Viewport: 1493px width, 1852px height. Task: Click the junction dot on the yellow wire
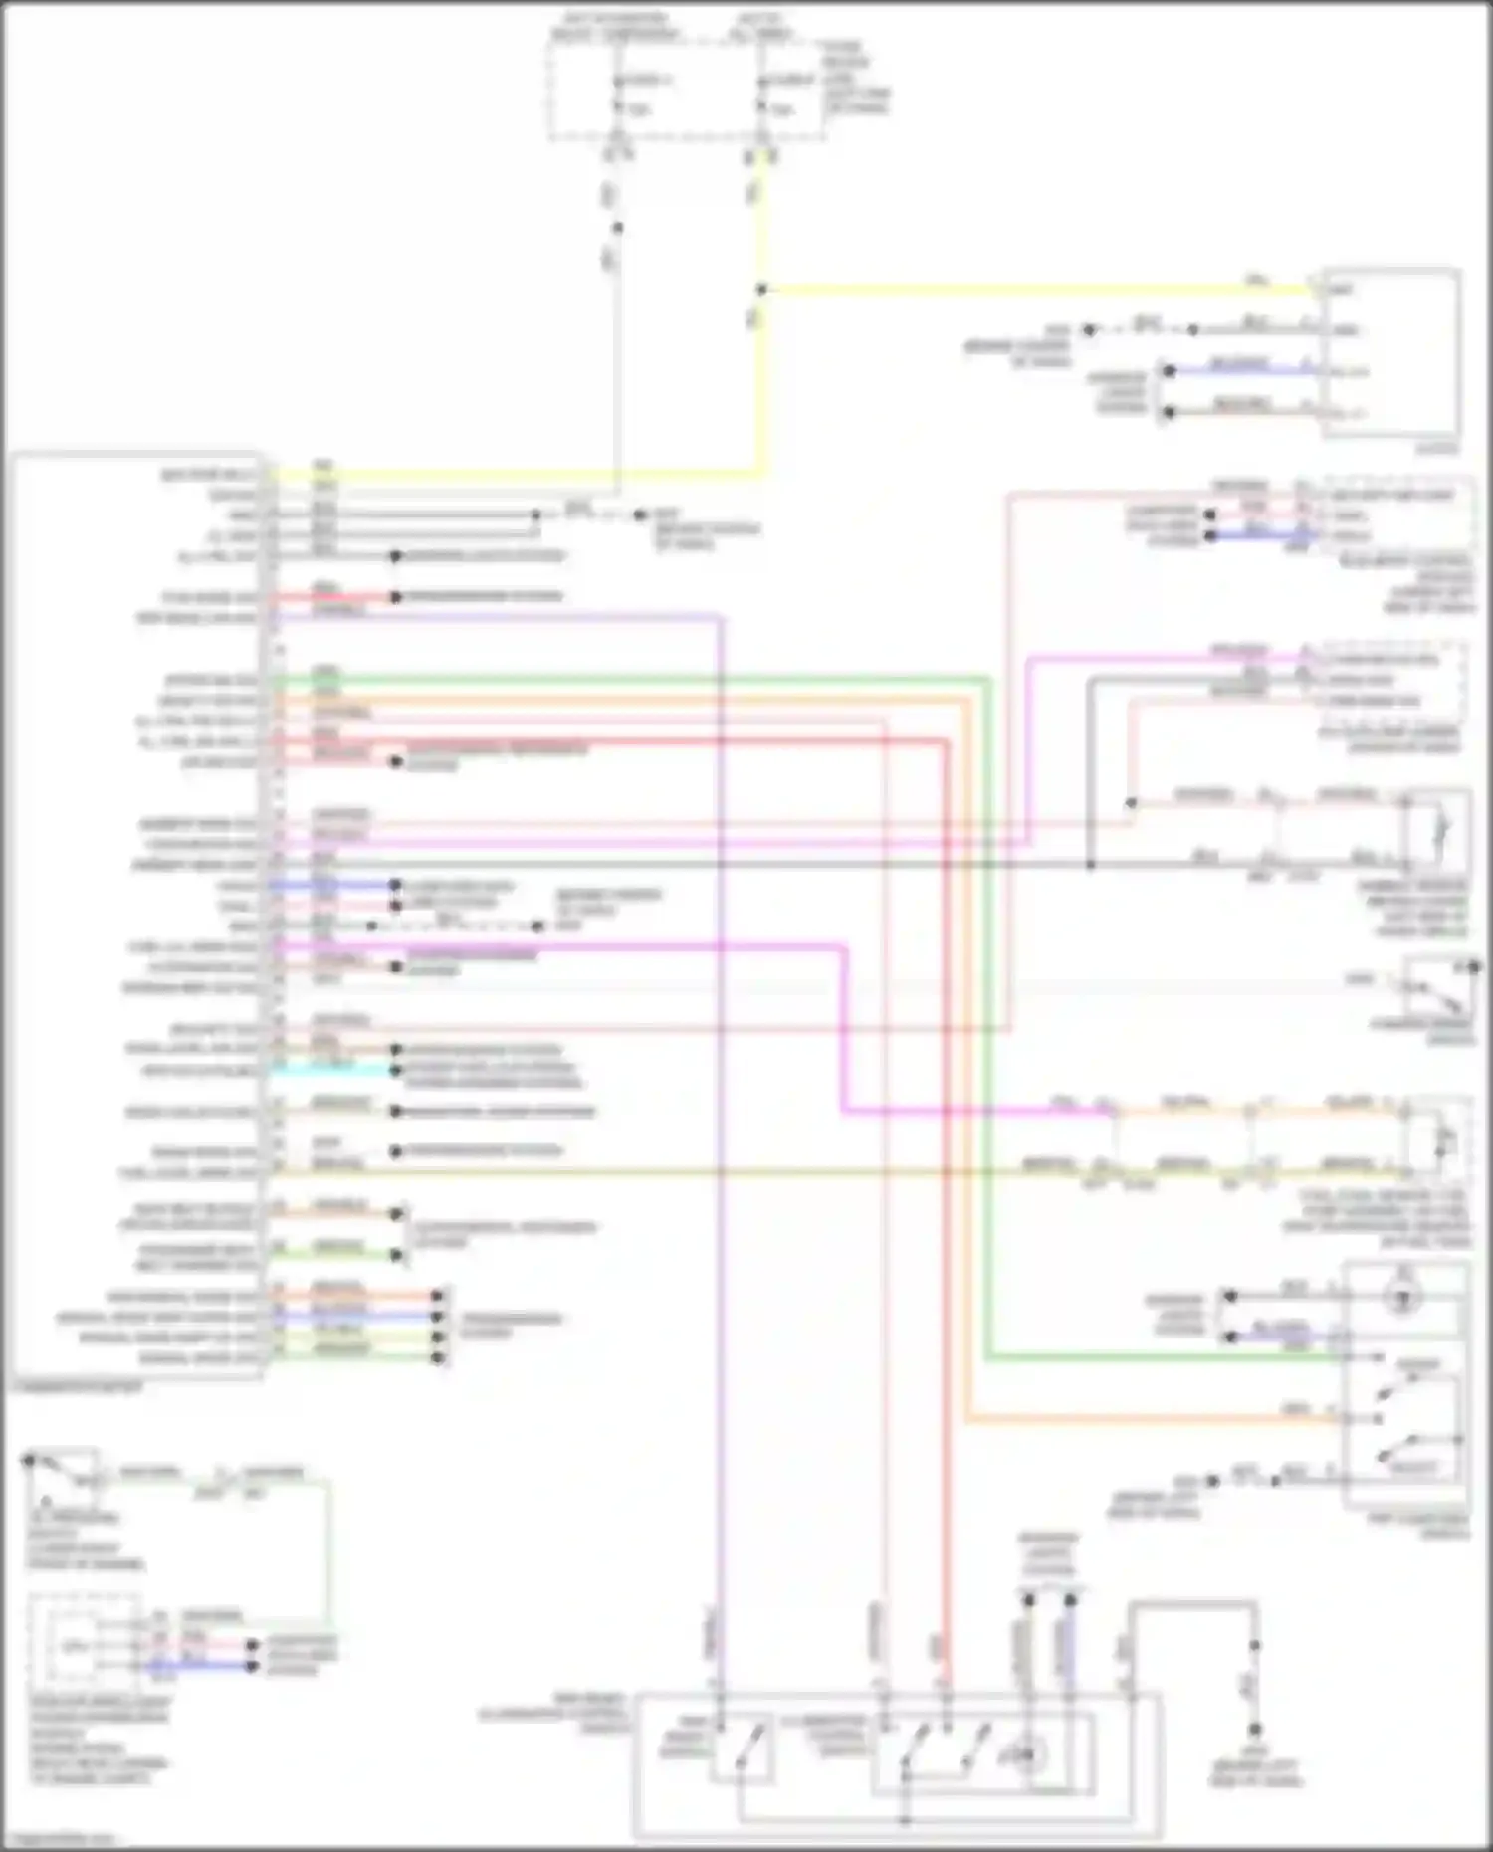tap(761, 290)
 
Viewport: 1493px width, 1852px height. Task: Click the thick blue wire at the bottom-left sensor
tap(199, 1665)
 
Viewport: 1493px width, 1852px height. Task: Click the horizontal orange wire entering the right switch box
tap(1145, 1419)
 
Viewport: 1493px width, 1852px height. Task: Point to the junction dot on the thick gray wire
tap(1090, 865)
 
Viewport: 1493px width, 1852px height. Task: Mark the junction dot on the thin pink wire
tap(1131, 802)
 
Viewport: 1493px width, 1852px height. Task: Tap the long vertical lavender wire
tap(720, 1095)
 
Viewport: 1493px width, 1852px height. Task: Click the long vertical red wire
tap(945, 1194)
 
